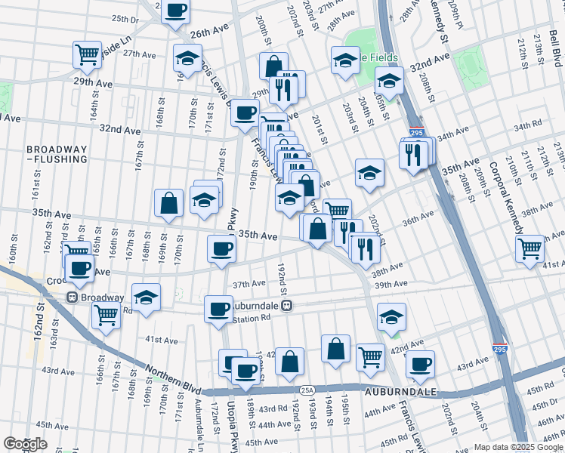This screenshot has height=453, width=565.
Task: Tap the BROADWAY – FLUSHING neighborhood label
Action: pyautogui.click(x=57, y=154)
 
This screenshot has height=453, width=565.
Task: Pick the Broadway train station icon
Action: pyautogui.click(x=73, y=297)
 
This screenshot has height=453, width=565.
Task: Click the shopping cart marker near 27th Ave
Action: pyautogui.click(x=88, y=54)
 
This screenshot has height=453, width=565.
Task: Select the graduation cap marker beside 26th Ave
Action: pyautogui.click(x=188, y=58)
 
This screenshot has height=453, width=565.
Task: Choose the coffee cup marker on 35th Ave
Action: pyautogui.click(x=221, y=248)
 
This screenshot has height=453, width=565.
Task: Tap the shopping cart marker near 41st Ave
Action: pyautogui.click(x=529, y=248)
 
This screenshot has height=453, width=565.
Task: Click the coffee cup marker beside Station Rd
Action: pyautogui.click(x=218, y=309)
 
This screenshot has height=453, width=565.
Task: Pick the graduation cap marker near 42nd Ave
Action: pyautogui.click(x=391, y=316)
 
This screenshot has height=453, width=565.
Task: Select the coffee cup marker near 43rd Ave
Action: pyautogui.click(x=420, y=364)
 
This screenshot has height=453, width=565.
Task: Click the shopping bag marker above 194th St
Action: pyautogui.click(x=335, y=349)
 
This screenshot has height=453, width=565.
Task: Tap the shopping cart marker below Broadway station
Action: pyautogui.click(x=107, y=314)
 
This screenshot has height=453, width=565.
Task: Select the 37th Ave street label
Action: pyautogui.click(x=249, y=284)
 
